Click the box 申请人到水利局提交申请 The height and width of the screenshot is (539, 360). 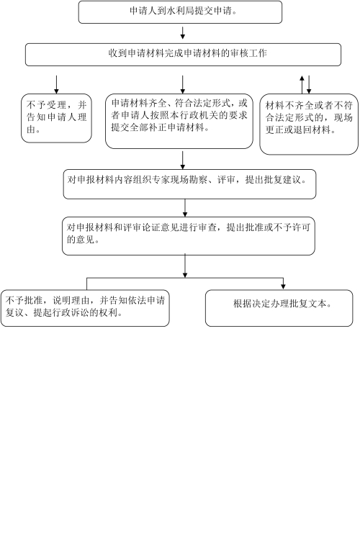pyautogui.click(x=180, y=12)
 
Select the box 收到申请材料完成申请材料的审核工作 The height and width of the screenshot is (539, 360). pyautogui.click(x=184, y=54)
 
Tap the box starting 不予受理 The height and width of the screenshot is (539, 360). pyautogui.click(x=56, y=118)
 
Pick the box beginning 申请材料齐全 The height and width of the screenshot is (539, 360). pyautogui.click(x=179, y=122)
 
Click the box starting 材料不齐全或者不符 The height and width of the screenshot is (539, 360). pyautogui.click(x=309, y=124)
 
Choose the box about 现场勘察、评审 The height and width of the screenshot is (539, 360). pyautogui.click(x=189, y=184)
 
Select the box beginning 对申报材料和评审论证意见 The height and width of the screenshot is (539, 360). pyautogui.click(x=189, y=236)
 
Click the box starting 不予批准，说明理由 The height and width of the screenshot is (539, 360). pyautogui.click(x=85, y=308)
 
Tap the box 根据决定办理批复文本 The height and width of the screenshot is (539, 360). pyautogui.click(x=279, y=308)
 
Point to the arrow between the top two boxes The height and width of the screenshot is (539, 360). pyautogui.click(x=183, y=32)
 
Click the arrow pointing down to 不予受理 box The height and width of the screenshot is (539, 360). pyautogui.click(x=56, y=85)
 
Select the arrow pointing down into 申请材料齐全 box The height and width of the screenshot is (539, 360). pyautogui.click(x=183, y=85)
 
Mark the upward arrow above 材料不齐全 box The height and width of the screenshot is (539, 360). pyautogui.click(x=302, y=85)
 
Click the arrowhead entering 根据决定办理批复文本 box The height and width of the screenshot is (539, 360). pyautogui.click(x=283, y=286)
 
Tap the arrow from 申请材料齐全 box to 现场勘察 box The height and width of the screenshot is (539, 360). pyautogui.click(x=183, y=160)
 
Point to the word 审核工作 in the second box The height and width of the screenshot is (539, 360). pyautogui.click(x=249, y=53)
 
